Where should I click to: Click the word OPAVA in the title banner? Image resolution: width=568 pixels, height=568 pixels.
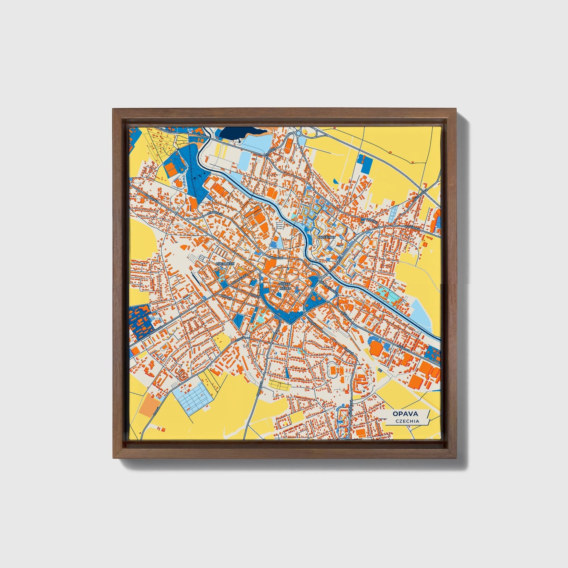point(404,414)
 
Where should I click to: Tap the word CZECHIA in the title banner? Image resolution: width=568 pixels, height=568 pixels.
point(407,421)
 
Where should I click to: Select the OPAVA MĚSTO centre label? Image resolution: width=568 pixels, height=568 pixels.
point(284,286)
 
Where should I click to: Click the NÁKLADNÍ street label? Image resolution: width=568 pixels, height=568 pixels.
point(276,258)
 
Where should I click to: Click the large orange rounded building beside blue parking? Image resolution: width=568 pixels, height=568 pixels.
point(376,348)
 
